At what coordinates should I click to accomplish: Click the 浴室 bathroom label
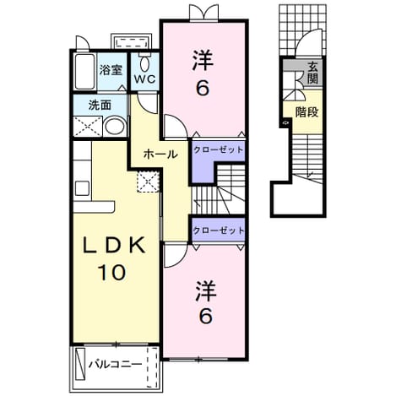111,70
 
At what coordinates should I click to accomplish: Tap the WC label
144,79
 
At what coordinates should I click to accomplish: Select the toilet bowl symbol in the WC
144,62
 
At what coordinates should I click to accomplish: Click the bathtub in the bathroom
84,72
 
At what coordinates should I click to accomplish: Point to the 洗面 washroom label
100,105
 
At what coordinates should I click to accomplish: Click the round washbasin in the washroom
115,127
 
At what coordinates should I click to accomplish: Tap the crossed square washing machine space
88,127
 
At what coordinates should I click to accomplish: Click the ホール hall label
160,154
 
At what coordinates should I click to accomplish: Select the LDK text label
114,246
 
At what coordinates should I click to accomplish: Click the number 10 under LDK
111,272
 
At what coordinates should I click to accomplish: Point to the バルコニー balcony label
116,365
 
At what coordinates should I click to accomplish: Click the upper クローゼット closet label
219,149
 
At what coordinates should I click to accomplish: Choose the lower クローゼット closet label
219,231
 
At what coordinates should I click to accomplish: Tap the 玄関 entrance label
312,73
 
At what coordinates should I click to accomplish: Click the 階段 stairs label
306,112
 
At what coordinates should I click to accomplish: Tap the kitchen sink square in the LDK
82,188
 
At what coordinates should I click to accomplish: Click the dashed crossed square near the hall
148,182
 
